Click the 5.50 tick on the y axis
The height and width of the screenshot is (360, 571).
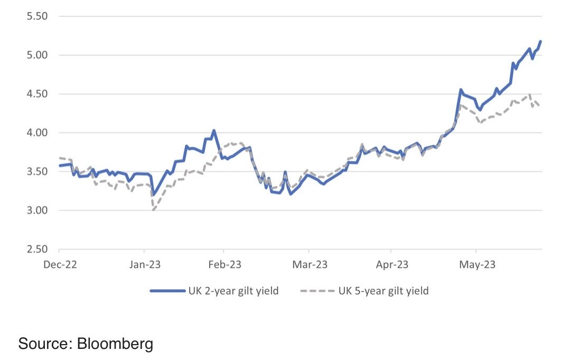(x=38, y=16)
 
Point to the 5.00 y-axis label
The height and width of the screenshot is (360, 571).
(x=38, y=55)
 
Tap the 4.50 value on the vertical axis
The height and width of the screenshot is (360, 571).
(x=38, y=94)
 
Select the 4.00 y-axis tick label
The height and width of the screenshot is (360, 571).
(x=38, y=133)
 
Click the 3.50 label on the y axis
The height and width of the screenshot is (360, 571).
(x=38, y=172)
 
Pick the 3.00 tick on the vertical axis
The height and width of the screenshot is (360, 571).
(x=38, y=210)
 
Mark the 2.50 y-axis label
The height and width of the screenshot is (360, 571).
(x=38, y=250)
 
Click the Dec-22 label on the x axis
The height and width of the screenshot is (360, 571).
(x=60, y=265)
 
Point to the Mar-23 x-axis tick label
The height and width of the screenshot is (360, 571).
(x=308, y=265)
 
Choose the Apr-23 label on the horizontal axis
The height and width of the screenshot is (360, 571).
(x=391, y=265)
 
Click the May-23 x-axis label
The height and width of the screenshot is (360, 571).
(x=476, y=265)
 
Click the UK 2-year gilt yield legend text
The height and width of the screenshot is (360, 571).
(x=233, y=291)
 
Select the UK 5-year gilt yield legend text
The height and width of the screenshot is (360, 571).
(x=383, y=291)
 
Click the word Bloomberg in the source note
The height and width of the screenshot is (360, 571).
(x=115, y=344)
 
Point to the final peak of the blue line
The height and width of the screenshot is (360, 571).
(x=541, y=41)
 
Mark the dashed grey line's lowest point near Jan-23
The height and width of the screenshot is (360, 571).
(x=153, y=210)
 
